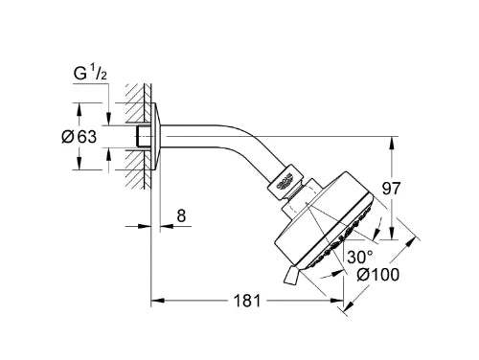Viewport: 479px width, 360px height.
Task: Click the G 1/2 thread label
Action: pos(90,74)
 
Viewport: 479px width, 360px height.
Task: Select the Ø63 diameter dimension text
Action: pos(79,137)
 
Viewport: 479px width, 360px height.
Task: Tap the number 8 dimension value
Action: pos(181,215)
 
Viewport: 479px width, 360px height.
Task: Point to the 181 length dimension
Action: pos(247,301)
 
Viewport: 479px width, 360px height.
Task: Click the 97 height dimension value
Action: pos(391,189)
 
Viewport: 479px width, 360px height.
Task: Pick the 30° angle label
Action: pos(360,257)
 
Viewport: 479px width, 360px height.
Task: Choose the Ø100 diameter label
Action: pos(378,275)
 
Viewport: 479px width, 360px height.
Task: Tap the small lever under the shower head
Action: pos(290,274)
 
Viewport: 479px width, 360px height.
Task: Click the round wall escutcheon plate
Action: pos(155,137)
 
